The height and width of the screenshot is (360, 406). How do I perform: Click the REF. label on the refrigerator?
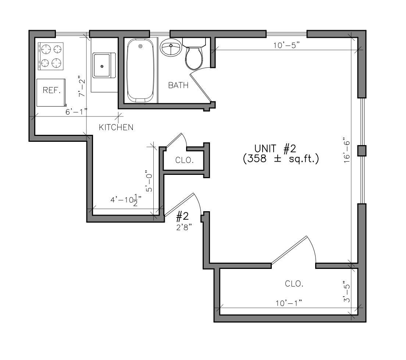click(51, 90)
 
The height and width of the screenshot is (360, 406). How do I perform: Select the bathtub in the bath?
click(140, 70)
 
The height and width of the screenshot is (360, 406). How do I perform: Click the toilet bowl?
click(194, 58)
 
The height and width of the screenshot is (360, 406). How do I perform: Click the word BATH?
click(178, 85)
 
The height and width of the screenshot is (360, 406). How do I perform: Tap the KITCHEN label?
click(116, 127)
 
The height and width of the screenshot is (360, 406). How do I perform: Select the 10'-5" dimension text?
click(286, 45)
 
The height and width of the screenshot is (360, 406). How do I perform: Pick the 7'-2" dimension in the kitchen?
click(82, 86)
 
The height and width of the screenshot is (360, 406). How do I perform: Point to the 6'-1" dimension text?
click(76, 112)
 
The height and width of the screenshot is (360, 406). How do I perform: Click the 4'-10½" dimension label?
click(126, 201)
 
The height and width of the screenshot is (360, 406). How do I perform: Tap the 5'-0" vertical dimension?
click(149, 181)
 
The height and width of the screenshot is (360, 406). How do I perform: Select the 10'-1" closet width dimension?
click(289, 303)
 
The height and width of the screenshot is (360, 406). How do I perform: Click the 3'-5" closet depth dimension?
click(347, 292)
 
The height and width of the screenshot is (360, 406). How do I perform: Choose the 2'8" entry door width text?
click(184, 228)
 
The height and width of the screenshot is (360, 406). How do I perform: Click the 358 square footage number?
click(257, 159)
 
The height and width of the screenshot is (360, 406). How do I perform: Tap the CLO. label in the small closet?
click(184, 160)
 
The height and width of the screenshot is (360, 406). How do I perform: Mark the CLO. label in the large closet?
click(294, 284)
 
